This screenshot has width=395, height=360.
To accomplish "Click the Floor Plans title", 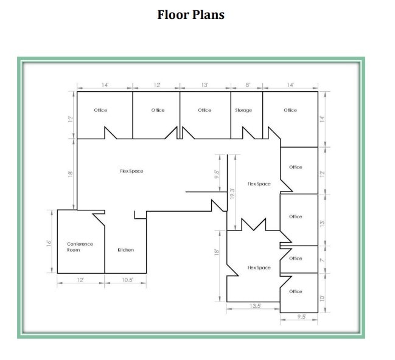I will [191, 15].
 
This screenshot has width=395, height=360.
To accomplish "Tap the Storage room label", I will [243, 110].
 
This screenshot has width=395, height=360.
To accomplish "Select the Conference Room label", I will [80, 247].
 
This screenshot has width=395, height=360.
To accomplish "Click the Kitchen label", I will [126, 250].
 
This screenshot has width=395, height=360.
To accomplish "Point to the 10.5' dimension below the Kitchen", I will [126, 280].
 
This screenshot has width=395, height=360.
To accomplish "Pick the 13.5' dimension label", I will [256, 306].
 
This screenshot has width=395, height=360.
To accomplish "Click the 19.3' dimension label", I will [231, 194].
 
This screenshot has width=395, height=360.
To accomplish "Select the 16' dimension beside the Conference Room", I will [48, 243].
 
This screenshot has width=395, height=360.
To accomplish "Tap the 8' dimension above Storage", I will [247, 85].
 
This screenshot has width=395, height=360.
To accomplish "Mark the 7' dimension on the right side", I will [323, 259].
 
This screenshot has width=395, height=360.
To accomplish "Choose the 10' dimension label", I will [323, 297].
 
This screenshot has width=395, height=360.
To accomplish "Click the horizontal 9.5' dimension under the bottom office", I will [301, 317].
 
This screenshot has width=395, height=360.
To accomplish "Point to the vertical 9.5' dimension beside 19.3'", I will [217, 175].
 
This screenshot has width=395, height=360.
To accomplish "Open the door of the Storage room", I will [250, 133].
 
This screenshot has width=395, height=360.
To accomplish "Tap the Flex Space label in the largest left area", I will [131, 171].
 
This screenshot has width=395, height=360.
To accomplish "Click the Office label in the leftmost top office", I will [100, 110].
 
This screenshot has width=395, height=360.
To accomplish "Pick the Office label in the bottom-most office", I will [296, 291].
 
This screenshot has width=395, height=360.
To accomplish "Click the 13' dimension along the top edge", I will [205, 85].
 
